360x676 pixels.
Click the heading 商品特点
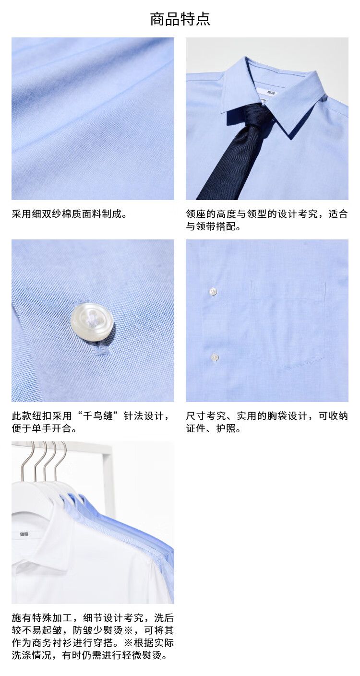click(180, 19)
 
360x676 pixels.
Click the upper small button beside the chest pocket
click(213, 292)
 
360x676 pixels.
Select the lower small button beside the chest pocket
click(215, 357)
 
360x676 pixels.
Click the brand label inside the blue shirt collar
click(271, 92)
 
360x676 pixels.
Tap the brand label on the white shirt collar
click(24, 534)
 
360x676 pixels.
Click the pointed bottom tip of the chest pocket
click(290, 368)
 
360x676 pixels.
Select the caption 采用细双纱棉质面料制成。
click(69, 214)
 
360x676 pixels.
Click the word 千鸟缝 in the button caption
click(97, 416)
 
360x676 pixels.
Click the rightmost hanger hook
click(60, 462)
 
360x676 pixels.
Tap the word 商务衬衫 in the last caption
click(52, 643)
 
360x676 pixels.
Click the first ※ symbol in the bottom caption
click(128, 630)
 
